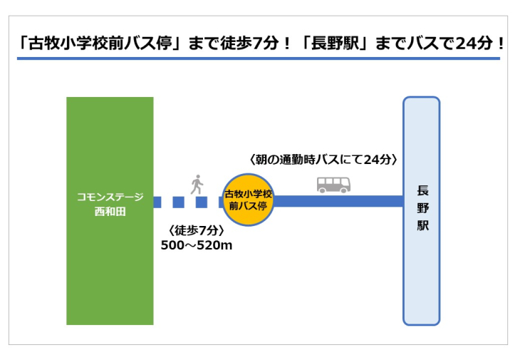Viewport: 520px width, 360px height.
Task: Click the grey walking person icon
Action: tap(197, 185)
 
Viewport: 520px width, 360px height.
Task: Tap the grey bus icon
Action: tap(333, 185)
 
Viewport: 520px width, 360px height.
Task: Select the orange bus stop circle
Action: tap(248, 200)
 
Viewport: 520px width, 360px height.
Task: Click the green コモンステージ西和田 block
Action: tap(110, 211)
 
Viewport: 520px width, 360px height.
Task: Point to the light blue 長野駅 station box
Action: tap(422, 211)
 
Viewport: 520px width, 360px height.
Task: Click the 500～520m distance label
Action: tap(197, 245)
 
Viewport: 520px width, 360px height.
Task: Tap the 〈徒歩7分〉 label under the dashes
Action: tap(197, 230)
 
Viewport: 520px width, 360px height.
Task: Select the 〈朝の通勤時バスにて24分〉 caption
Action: tap(323, 160)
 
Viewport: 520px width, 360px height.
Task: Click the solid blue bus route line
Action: tap(338, 202)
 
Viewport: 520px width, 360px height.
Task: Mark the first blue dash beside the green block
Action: tap(157, 202)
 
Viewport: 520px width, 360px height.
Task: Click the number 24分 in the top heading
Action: tap(474, 43)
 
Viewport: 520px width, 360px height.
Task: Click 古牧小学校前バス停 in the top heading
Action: tap(100, 43)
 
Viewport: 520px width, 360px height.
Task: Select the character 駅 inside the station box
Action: tap(423, 225)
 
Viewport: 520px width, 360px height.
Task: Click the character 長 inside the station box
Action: tap(423, 190)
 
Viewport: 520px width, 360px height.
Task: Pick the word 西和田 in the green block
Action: tap(110, 211)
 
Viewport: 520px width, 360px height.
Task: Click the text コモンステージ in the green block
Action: tap(110, 197)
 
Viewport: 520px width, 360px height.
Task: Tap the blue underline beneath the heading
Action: tap(259, 58)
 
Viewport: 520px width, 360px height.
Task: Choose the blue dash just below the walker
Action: tap(202, 202)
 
